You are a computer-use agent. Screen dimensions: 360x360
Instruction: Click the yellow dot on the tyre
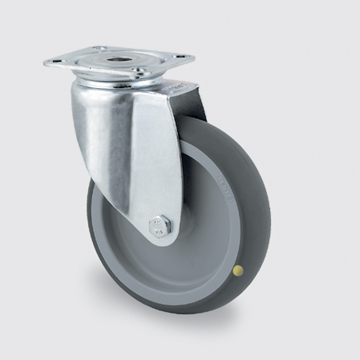tap(239, 270)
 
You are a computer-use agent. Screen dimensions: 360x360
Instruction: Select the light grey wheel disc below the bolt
tap(166, 270)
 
